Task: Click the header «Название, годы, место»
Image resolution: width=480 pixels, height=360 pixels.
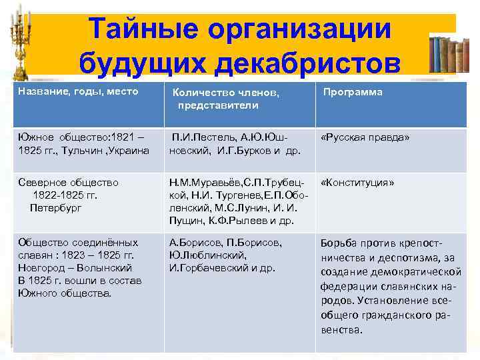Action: coord(78,91)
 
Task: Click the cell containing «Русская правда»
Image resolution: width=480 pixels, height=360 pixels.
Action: coord(365,137)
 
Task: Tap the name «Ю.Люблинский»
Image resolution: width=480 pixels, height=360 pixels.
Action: coord(207,255)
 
